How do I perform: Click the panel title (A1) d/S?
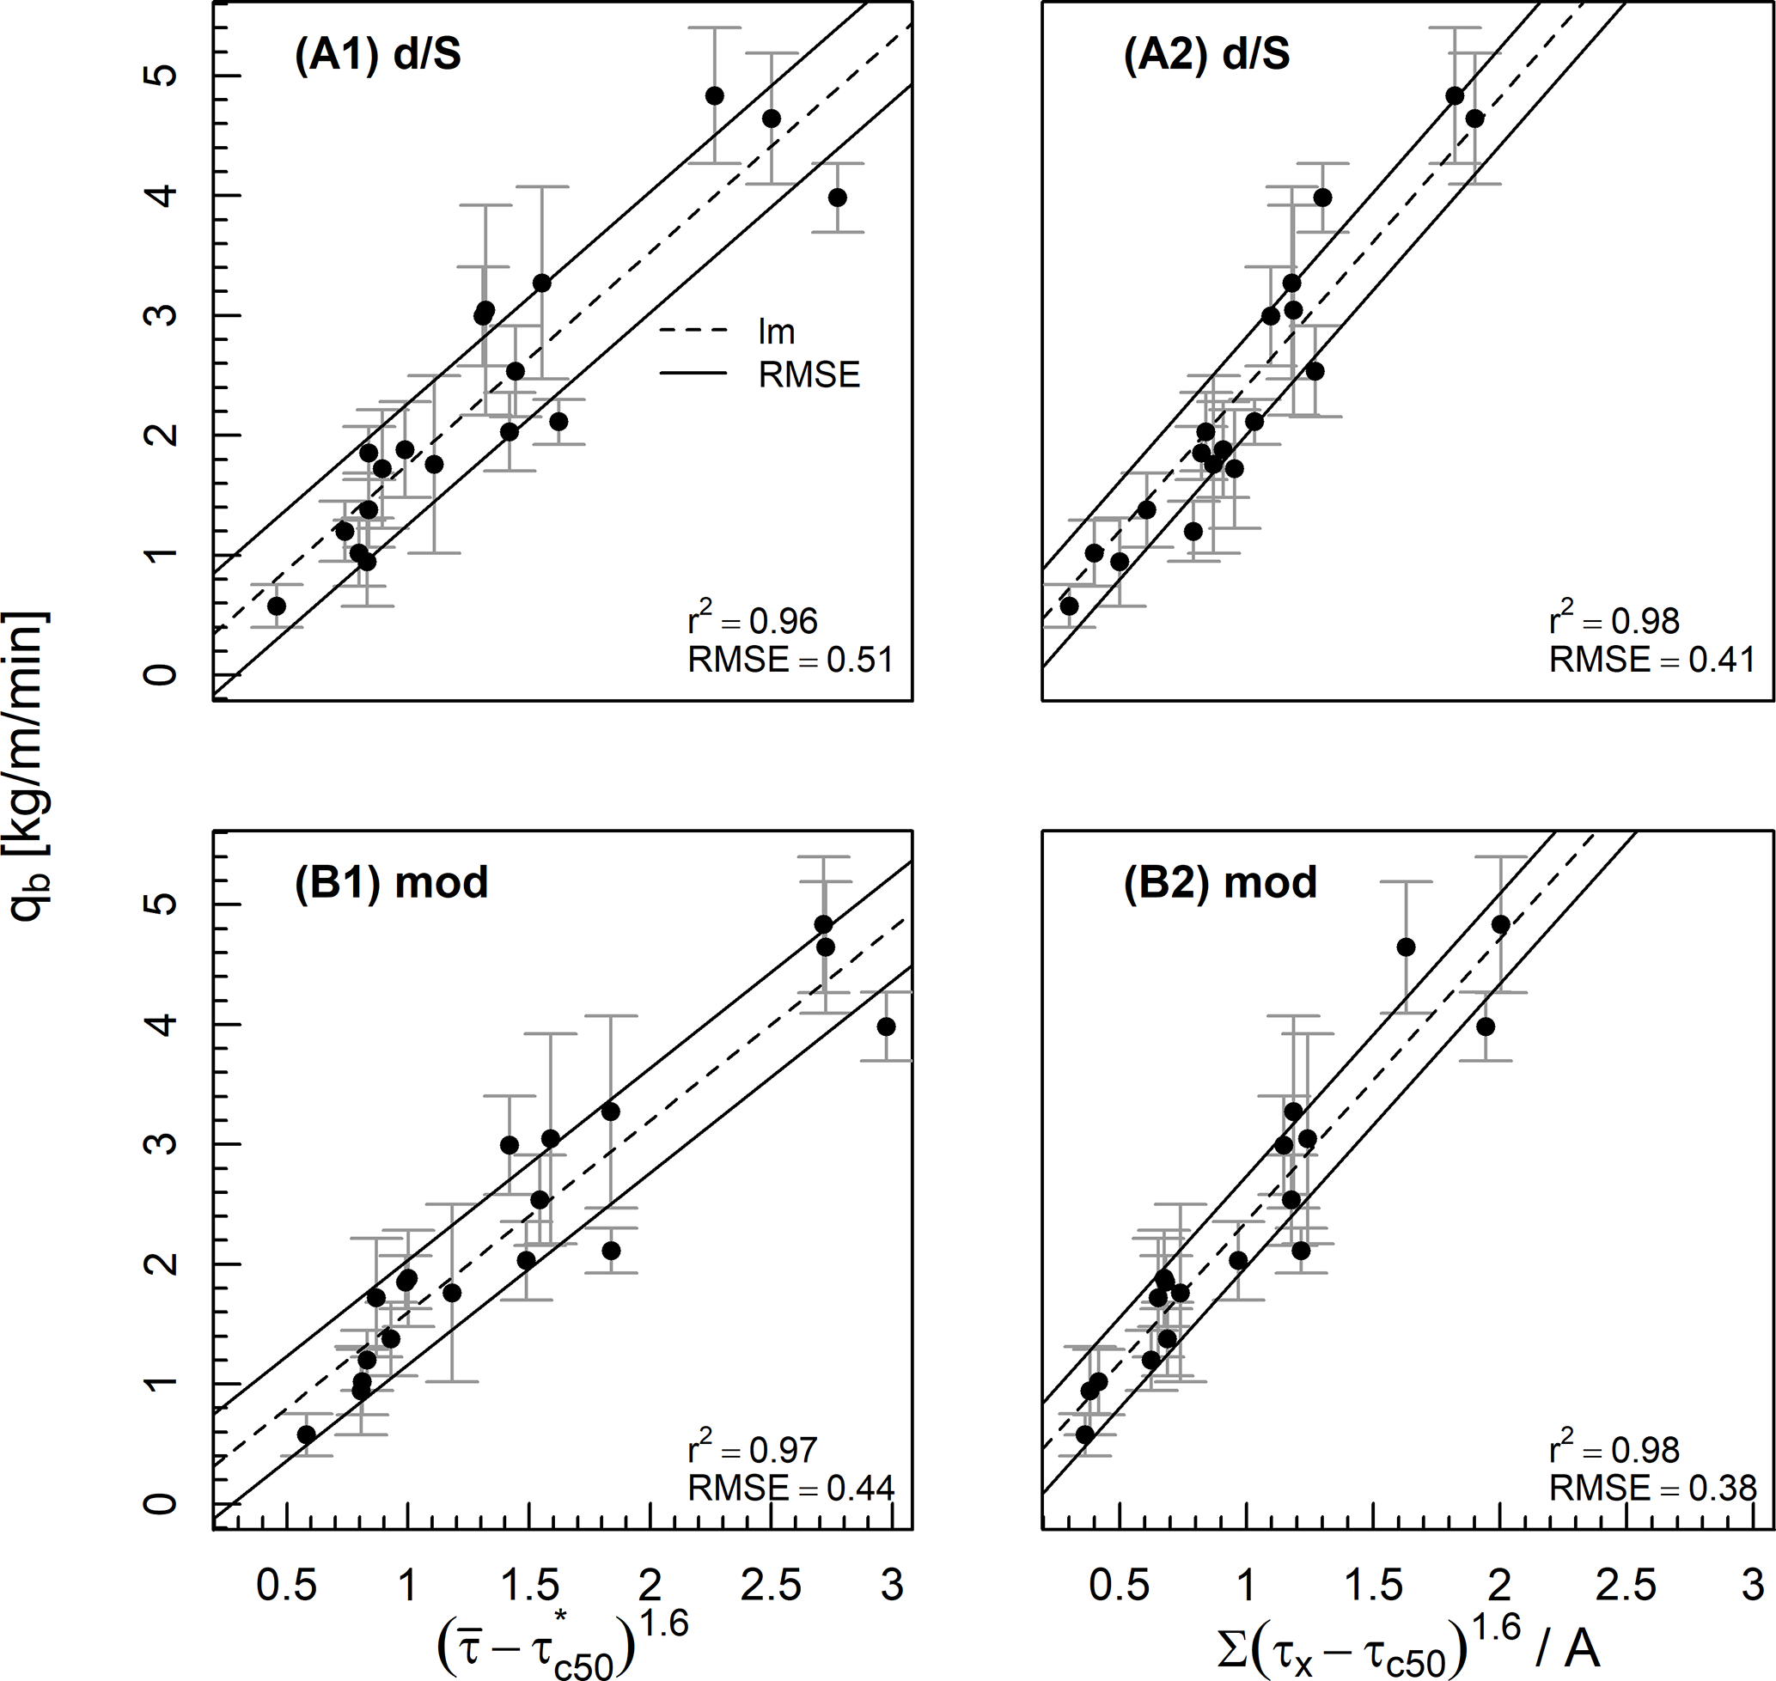click(377, 56)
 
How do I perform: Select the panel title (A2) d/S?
click(1206, 56)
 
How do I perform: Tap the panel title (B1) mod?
click(391, 883)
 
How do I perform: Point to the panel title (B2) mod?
click(1220, 883)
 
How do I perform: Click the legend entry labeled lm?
click(777, 332)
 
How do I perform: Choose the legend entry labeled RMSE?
click(809, 375)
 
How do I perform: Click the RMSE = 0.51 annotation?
click(790, 661)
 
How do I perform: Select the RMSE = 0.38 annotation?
click(1652, 1489)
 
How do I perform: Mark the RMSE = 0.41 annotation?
click(1652, 661)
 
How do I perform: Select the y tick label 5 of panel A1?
click(164, 76)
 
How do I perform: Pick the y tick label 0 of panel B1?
click(164, 1502)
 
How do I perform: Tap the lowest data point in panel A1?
click(276, 606)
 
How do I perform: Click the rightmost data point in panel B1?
click(886, 1026)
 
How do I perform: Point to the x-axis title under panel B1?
click(562, 1648)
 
